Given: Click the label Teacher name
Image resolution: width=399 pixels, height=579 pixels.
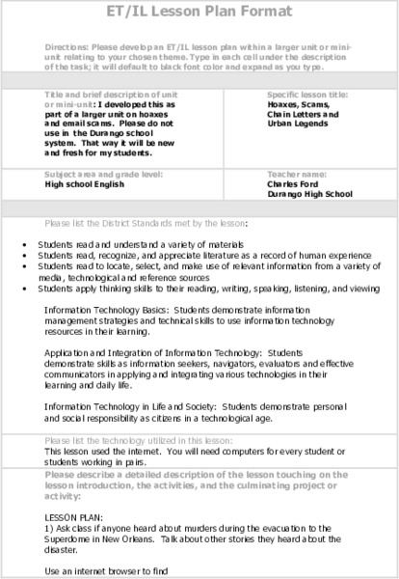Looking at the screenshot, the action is point(295,174).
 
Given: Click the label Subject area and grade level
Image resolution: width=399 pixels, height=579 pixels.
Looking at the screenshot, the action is point(103,174).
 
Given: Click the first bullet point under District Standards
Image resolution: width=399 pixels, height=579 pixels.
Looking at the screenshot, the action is point(24,245).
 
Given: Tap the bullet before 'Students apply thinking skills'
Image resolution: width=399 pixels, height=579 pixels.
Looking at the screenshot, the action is point(24,288).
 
